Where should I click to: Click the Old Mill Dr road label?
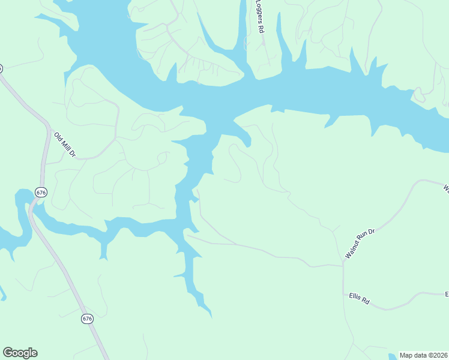point(64,145)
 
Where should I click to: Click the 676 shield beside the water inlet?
point(40,193)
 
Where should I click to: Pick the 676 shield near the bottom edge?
point(88,319)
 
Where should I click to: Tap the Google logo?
point(20,353)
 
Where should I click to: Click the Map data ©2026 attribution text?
point(424,355)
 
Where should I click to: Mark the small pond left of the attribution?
point(391,356)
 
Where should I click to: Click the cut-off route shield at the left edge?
point(1,68)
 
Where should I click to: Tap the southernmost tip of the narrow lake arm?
point(210,315)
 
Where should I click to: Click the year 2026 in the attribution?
point(440,355)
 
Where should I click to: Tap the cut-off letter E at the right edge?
point(447,294)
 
